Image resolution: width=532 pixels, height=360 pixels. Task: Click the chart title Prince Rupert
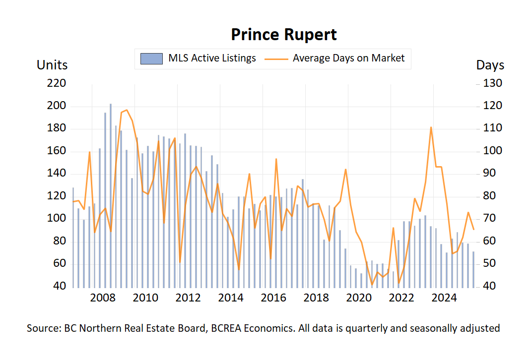tap(284, 35)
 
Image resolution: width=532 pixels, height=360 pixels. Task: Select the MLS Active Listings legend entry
tap(198, 58)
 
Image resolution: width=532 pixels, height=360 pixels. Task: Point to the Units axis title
tap(52, 65)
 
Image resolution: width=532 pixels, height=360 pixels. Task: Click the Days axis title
tap(490, 65)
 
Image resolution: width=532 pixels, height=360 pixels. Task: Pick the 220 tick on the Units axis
tap(57, 83)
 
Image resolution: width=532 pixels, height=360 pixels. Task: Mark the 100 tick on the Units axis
tap(57, 219)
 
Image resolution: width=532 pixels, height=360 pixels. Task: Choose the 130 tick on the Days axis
tap(493, 83)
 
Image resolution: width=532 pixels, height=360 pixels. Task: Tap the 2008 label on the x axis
tap(103, 298)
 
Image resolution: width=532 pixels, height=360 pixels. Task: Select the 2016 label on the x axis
tap(273, 298)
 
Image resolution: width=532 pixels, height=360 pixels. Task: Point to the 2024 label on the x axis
tap(444, 298)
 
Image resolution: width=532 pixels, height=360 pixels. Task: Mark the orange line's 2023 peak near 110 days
tap(431, 127)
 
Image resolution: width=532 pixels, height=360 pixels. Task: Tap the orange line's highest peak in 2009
tap(127, 110)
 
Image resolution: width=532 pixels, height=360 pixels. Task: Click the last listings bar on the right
tap(473, 270)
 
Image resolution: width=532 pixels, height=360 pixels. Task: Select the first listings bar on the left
tap(73, 238)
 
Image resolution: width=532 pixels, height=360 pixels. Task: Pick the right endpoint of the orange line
tap(473, 229)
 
